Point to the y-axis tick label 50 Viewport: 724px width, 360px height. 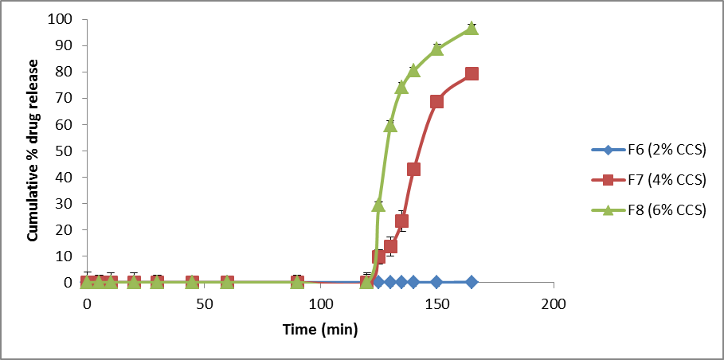[66, 151]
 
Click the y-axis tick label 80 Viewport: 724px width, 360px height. [66, 72]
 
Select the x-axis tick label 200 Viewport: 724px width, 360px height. [553, 304]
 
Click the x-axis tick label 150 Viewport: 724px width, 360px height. [436, 304]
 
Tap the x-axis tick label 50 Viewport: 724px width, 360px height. [203, 304]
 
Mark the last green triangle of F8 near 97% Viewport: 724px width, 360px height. [472, 28]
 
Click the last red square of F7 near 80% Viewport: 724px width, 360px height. [472, 73]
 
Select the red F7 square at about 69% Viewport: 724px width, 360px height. [436, 101]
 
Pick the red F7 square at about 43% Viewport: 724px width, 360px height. [413, 169]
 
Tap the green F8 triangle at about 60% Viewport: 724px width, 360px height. [390, 125]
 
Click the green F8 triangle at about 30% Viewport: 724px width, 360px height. [378, 205]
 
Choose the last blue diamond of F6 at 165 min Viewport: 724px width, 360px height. [472, 282]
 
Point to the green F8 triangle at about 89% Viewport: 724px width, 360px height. [436, 49]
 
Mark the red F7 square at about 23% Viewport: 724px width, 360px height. [401, 221]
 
